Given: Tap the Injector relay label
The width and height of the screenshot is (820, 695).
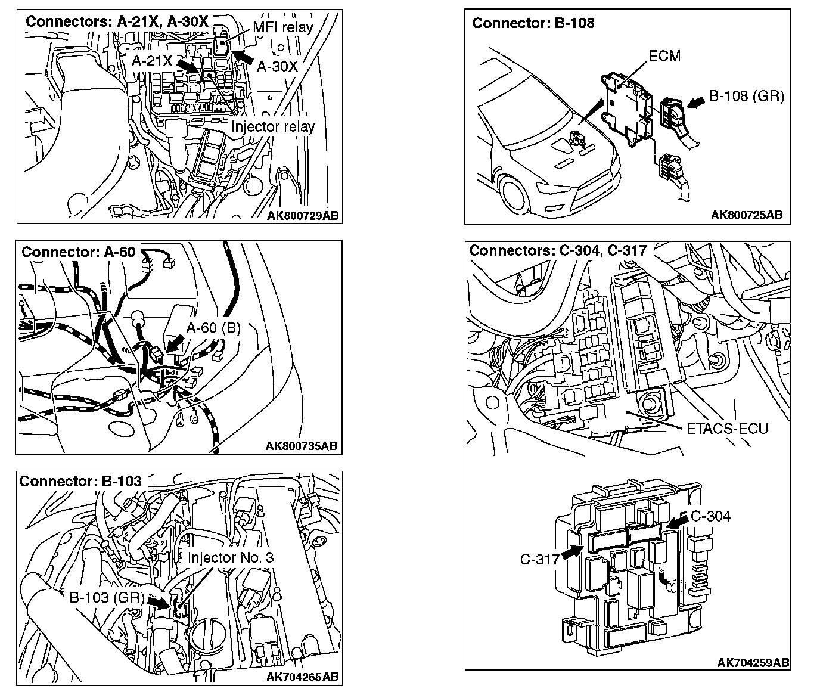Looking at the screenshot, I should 272,126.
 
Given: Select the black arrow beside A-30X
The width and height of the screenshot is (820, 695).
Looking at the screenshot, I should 243,57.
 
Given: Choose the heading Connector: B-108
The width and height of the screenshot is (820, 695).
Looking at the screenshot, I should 533,23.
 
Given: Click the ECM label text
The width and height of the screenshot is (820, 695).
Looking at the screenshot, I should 664,56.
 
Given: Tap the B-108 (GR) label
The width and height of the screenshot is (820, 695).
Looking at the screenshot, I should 746,96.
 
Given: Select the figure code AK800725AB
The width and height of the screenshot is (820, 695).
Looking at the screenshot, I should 746,215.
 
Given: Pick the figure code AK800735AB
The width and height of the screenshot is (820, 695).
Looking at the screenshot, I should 301,446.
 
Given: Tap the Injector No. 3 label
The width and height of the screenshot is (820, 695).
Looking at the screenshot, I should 231,557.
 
